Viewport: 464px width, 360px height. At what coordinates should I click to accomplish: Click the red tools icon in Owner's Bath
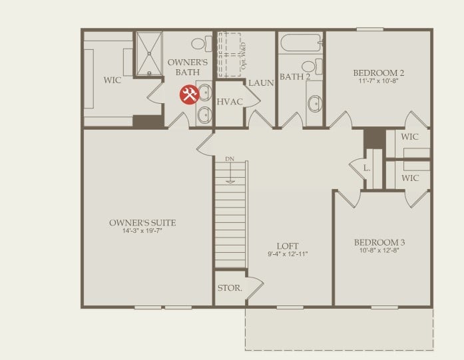pyautogui.click(x=189, y=95)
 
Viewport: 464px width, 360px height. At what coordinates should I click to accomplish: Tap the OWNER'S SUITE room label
pyautogui.click(x=143, y=223)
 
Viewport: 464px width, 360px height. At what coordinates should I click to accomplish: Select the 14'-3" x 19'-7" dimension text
pyautogui.click(x=143, y=232)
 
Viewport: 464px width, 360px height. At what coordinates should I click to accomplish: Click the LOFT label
pyautogui.click(x=288, y=246)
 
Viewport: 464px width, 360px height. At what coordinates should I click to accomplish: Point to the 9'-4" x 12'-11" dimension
pyautogui.click(x=288, y=254)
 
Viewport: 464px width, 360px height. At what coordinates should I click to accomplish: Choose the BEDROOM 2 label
pyautogui.click(x=379, y=73)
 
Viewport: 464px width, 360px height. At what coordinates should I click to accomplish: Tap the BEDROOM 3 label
pyautogui.click(x=379, y=242)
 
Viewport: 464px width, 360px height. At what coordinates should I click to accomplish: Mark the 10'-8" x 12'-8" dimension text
pyautogui.click(x=379, y=252)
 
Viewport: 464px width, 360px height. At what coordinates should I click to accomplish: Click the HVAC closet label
pyautogui.click(x=230, y=101)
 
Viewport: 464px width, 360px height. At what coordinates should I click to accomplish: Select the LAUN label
pyautogui.click(x=262, y=83)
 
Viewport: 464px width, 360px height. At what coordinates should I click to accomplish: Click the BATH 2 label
pyautogui.click(x=295, y=77)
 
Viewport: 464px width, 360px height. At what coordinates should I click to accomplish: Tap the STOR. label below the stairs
pyautogui.click(x=230, y=289)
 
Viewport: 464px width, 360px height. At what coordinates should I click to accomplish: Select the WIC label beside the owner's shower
pyautogui.click(x=112, y=80)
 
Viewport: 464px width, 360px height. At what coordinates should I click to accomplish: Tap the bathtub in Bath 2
pyautogui.click(x=300, y=44)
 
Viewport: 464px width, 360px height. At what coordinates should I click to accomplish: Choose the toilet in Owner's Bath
pyautogui.click(x=198, y=44)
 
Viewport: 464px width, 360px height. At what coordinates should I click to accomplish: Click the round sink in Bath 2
pyautogui.click(x=314, y=103)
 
